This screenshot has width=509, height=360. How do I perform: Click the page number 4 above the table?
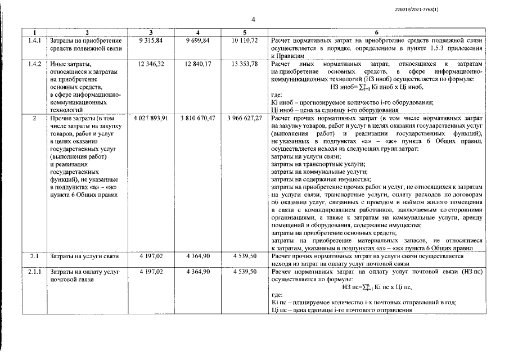tap(253, 20)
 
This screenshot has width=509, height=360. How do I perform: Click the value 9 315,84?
tap(150, 41)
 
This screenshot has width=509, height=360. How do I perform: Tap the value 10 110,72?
tap(245, 41)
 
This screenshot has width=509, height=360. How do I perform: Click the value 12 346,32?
tap(150, 64)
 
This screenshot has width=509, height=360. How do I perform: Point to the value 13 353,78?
tap(245, 64)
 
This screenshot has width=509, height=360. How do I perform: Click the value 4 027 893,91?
tap(150, 118)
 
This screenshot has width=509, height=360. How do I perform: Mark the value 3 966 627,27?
tap(245, 118)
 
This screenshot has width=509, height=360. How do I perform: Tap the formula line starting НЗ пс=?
tap(376, 287)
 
